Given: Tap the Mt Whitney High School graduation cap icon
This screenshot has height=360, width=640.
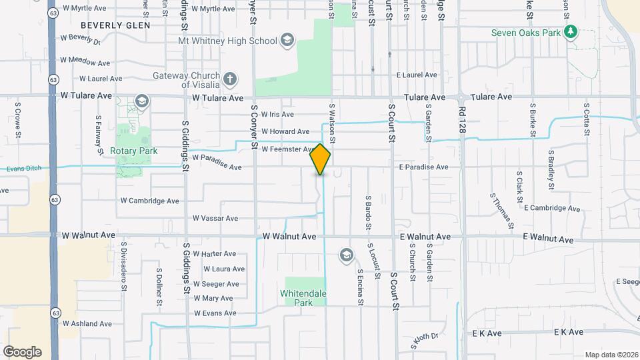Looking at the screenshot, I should point(287,41).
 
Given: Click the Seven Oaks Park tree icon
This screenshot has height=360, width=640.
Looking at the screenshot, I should point(570,32).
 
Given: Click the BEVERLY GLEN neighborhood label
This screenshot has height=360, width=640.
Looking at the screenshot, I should point(115,25).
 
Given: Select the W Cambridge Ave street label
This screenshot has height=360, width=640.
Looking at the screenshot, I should point(150,201).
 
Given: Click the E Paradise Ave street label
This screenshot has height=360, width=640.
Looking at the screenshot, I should point(424,167).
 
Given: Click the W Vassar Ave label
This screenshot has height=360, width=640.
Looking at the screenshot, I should point(215,218).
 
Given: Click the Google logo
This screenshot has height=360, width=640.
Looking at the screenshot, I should point(22,352).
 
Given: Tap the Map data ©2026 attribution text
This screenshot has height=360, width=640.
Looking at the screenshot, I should point(611,355).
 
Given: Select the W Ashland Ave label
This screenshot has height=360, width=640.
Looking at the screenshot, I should point(87,323).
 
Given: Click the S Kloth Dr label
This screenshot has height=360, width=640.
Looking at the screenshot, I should point(424,341).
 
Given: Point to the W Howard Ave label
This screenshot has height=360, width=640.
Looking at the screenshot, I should point(285,132).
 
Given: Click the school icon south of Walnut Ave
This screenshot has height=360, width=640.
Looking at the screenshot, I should point(346,255).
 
